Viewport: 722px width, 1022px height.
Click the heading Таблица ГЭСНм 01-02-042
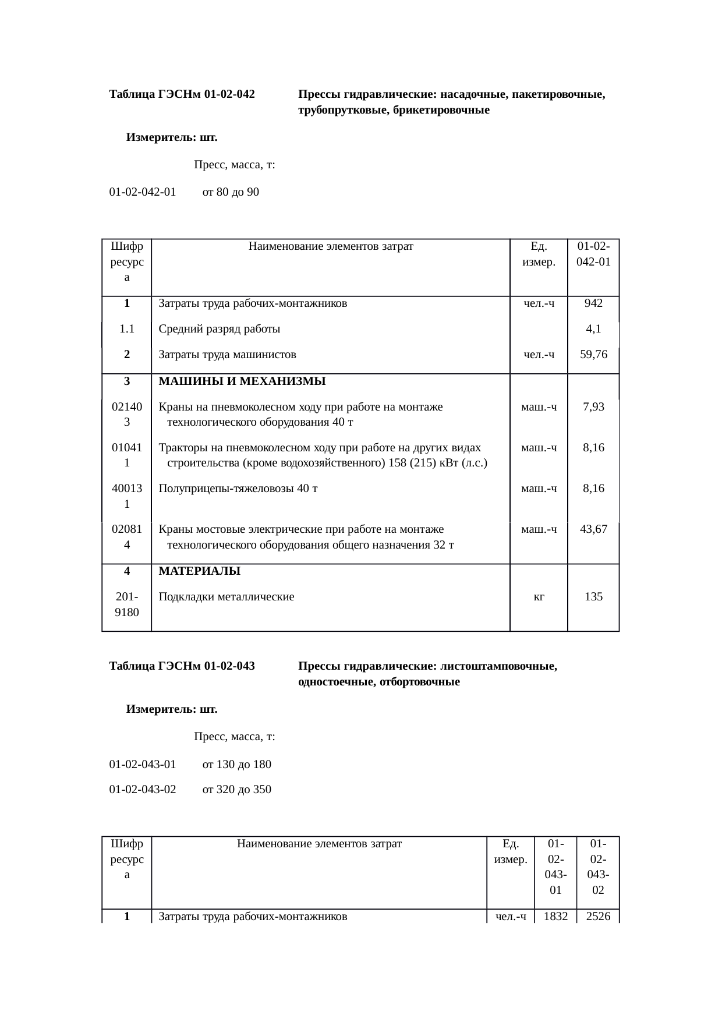point(182,94)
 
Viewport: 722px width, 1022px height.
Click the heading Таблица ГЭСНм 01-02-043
point(182,666)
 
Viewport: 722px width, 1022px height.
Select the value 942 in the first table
point(593,303)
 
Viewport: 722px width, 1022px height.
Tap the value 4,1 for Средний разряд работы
point(593,328)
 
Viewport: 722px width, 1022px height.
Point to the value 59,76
point(593,354)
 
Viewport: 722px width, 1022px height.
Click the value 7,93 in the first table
point(593,406)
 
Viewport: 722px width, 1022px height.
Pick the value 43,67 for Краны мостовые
point(593,529)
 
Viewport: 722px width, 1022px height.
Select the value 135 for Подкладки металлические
point(593,596)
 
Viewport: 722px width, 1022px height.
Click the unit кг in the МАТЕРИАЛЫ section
point(539,596)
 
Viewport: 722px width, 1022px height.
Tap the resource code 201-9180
point(127,604)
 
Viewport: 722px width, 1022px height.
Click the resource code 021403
point(127,414)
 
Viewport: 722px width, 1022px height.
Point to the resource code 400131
point(127,496)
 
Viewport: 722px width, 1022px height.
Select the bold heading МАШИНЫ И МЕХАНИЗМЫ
point(242,381)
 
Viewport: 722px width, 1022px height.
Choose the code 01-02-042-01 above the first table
point(143,192)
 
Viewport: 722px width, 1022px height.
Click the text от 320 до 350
point(236,790)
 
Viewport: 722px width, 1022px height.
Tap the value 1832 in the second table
point(555,916)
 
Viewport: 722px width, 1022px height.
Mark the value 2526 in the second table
point(598,916)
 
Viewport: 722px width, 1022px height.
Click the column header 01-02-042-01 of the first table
point(593,253)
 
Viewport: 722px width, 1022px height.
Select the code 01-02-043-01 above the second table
point(143,764)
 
